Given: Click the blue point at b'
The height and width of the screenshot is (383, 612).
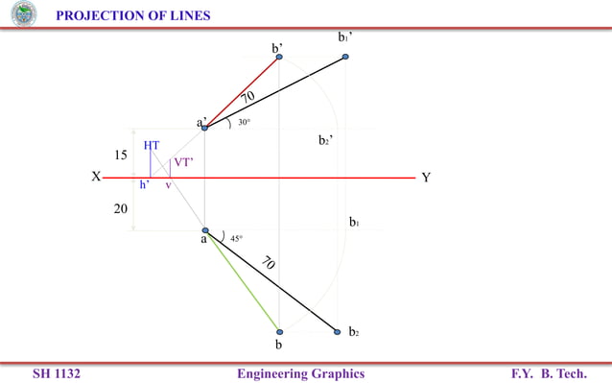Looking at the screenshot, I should [x=279, y=58].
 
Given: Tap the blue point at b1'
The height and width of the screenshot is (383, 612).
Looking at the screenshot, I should [x=345, y=58].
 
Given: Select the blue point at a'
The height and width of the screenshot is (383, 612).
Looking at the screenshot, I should [x=204, y=128].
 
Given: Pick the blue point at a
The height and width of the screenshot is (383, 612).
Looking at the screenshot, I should [x=205, y=230].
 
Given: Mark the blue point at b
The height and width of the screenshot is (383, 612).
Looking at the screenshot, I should [x=279, y=332].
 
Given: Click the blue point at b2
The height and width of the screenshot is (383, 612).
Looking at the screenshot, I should [x=337, y=332].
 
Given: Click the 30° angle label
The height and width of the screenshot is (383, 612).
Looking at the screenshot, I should [x=245, y=123].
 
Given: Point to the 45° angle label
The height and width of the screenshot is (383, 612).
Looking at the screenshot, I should [x=236, y=238].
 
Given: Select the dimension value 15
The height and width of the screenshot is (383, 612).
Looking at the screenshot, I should [x=121, y=156].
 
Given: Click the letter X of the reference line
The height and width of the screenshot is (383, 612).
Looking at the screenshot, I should [x=96, y=178].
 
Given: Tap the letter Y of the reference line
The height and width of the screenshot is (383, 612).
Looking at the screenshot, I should [x=425, y=178].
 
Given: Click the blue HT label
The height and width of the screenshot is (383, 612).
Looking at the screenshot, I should [x=152, y=145].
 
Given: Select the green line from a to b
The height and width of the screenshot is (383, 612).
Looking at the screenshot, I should [x=243, y=281].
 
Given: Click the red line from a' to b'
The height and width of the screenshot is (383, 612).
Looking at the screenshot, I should [x=242, y=92].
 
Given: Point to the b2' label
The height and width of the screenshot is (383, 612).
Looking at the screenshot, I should [x=326, y=140].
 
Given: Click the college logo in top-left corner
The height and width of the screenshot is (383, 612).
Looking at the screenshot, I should [x=21, y=13].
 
